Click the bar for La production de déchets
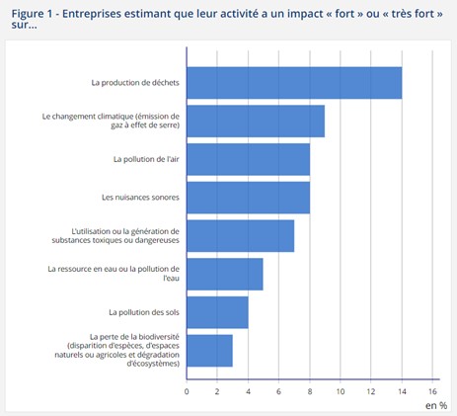(x=294, y=83)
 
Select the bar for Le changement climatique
(x=256, y=121)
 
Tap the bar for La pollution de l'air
(x=248, y=159)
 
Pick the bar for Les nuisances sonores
(x=248, y=197)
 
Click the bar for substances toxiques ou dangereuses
(x=240, y=235)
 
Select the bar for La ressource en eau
(x=224, y=274)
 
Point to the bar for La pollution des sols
(x=217, y=312)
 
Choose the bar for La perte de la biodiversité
(x=209, y=350)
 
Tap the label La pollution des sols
(x=144, y=312)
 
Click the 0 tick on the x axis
(x=187, y=390)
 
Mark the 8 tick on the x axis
(x=310, y=390)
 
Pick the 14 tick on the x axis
(x=402, y=390)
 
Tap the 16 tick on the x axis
(x=432, y=390)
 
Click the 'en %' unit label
(x=436, y=405)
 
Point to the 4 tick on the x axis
(x=248, y=390)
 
